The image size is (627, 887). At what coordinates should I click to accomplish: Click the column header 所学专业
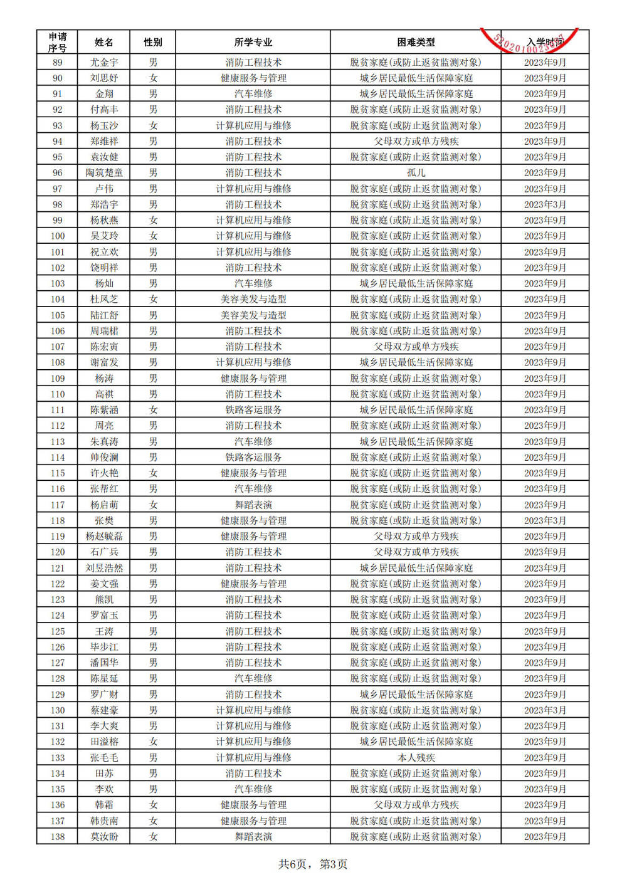coord(253,42)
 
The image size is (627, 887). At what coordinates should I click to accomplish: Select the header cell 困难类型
coord(416,42)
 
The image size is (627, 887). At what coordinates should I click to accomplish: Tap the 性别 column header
coord(153,42)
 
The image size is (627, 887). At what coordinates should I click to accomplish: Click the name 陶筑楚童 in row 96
coord(104,172)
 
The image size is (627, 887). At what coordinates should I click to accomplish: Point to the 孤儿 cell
coord(416,172)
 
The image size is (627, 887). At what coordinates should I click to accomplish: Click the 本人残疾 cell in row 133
coord(416,757)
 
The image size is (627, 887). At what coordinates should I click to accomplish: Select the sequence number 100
coord(58,236)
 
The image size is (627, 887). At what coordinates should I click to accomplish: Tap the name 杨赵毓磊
coord(104,536)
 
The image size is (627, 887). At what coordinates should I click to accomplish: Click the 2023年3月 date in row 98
coord(545,204)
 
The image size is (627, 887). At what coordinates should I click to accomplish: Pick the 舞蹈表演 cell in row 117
coord(253,505)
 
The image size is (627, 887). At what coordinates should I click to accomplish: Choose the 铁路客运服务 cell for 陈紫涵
coord(253,409)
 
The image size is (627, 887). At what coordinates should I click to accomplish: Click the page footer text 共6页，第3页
coord(313,864)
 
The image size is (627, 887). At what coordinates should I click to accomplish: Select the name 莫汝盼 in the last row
coord(104,836)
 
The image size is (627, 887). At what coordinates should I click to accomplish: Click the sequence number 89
coord(58,62)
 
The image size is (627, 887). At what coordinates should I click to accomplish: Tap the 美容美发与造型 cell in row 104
coord(253,299)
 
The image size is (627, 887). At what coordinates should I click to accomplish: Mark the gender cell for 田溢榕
coord(153,742)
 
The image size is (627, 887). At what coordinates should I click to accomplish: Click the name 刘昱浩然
coord(104,568)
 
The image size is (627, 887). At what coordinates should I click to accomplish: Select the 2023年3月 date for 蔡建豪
coord(545,710)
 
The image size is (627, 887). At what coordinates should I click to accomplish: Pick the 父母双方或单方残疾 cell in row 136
coord(416,804)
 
